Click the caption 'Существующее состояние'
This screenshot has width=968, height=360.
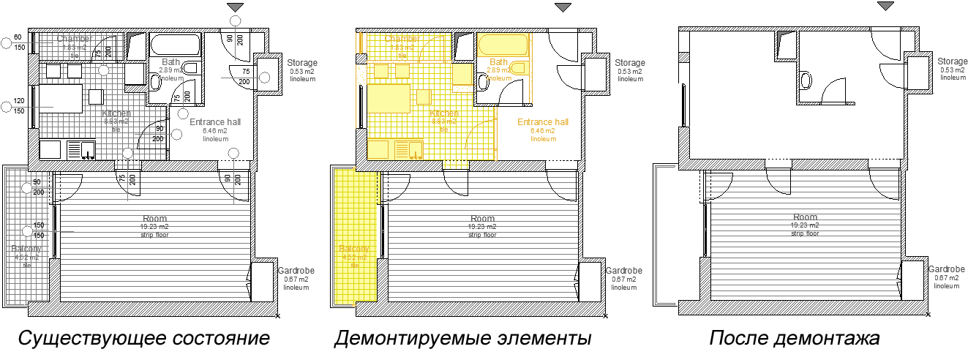[143, 340]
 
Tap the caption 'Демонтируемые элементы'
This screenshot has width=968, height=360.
[462, 340]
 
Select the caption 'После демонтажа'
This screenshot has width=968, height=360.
[794, 340]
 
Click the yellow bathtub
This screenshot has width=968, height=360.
[502, 45]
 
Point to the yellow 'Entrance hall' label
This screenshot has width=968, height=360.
[542, 122]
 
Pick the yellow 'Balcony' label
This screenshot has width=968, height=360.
[355, 250]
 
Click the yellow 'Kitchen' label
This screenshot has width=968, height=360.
[445, 113]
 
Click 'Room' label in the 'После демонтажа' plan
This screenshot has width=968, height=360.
[804, 217]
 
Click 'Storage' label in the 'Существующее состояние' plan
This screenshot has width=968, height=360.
[301, 63]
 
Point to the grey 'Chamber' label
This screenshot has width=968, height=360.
[74, 38]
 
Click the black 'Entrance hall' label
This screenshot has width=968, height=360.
[215, 122]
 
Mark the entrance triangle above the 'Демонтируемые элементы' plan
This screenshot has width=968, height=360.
[562, 7]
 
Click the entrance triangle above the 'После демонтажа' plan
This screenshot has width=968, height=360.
[885, 7]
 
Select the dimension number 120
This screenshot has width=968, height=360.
[20, 101]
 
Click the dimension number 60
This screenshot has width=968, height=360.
[18, 37]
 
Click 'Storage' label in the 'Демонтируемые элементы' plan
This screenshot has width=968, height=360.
[629, 63]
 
